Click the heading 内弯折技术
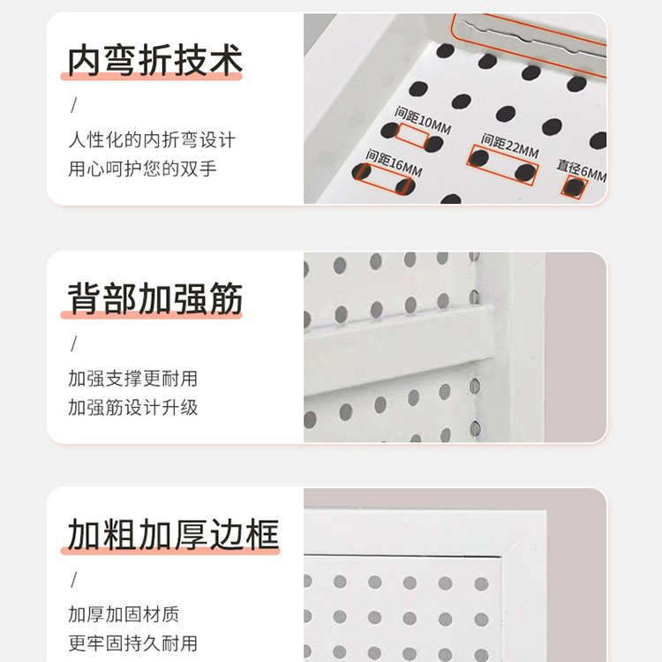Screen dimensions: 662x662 point(155,60)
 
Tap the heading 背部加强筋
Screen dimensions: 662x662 point(155,298)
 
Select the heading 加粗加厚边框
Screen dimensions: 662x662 point(173,534)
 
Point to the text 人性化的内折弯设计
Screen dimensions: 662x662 point(152,139)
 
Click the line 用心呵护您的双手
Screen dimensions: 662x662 point(142,169)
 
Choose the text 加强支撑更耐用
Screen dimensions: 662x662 point(133,379)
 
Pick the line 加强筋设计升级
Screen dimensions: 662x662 point(133,408)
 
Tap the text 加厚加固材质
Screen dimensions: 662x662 point(124,614)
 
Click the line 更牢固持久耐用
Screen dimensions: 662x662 point(133,643)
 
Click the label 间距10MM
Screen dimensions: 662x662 point(423,120)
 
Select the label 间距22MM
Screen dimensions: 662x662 point(510,146)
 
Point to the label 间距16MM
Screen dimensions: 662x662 point(394,162)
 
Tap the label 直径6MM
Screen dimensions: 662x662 point(582,170)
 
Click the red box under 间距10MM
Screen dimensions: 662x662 point(412,136)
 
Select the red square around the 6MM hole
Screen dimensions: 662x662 point(575,187)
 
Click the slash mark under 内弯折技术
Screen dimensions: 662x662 point(74,105)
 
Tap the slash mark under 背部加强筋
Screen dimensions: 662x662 point(74,343)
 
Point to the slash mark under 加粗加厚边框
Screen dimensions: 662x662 point(74,579)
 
